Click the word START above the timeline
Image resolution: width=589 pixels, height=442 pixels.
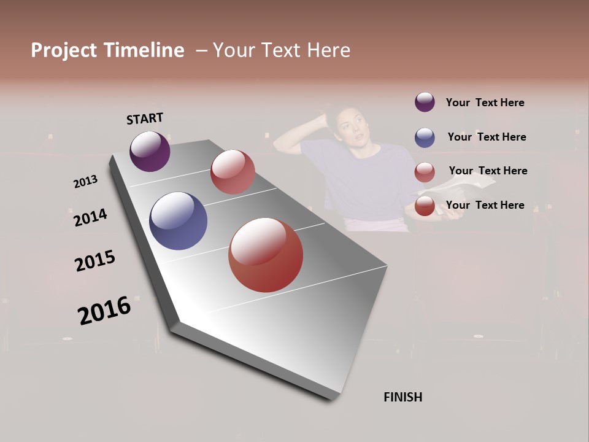145,118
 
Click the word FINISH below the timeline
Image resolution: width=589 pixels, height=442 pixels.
402,397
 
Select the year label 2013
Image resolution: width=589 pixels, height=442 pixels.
85,182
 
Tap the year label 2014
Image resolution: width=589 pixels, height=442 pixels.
90,218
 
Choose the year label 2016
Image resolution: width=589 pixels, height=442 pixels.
104,311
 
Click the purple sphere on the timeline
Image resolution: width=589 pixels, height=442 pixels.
150,152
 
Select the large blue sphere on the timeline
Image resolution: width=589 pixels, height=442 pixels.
178,221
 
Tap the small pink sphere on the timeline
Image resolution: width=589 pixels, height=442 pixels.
233,172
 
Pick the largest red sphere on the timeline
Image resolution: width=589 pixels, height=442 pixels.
266,255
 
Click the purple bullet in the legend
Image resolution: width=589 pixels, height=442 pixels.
425,103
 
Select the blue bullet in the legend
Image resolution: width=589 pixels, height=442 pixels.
425,138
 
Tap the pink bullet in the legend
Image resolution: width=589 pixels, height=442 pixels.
425,173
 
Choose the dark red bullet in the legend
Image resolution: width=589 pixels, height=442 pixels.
425,206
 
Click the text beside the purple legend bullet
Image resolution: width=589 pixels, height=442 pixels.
485,103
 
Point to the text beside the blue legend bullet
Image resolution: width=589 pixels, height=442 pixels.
487,137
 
